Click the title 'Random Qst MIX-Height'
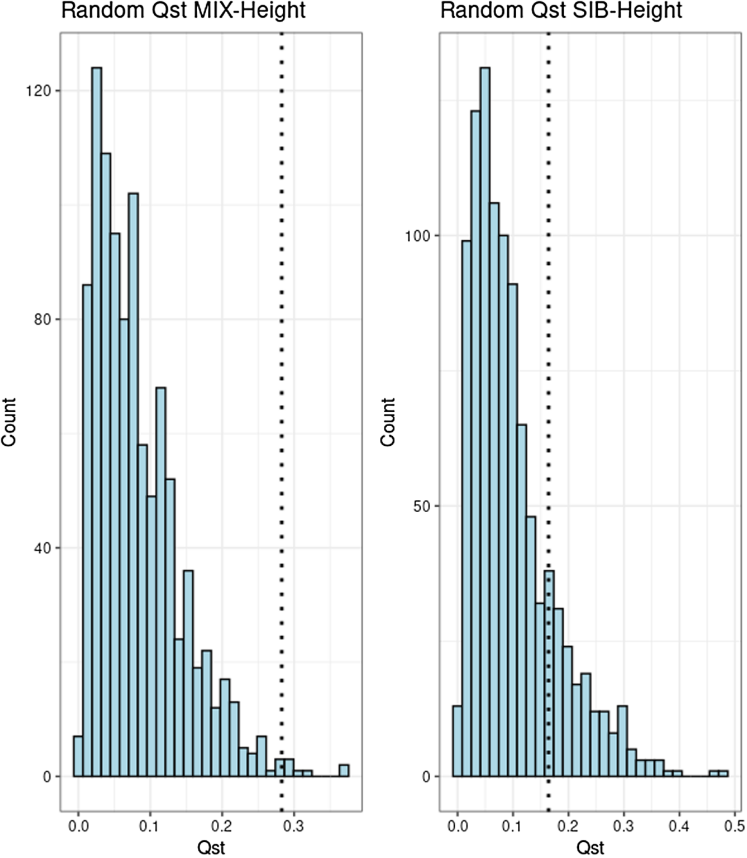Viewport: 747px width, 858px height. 183,10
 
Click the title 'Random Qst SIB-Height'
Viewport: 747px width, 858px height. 561,10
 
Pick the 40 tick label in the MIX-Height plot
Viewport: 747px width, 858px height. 42,548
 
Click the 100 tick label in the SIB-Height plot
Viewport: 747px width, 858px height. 418,236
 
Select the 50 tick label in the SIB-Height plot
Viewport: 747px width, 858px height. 421,507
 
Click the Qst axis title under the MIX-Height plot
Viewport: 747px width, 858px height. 211,847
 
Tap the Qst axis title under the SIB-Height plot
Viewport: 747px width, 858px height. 591,847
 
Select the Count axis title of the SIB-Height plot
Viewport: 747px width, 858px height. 388,422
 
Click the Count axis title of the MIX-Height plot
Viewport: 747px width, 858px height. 9,422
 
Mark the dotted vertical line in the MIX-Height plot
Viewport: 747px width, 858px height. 281,391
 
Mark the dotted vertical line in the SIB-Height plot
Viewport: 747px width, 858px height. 548,391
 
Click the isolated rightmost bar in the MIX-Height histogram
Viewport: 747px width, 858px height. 344,771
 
